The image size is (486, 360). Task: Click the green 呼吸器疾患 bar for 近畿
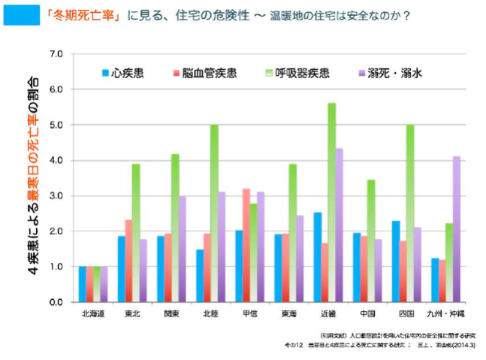click(331, 202)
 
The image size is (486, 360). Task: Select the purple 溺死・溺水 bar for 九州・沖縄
click(457, 228)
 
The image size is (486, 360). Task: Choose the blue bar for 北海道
click(83, 284)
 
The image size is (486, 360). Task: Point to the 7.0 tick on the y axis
click(56, 54)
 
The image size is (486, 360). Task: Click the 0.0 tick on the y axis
click(56, 302)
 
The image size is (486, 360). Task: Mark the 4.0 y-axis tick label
click(56, 160)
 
